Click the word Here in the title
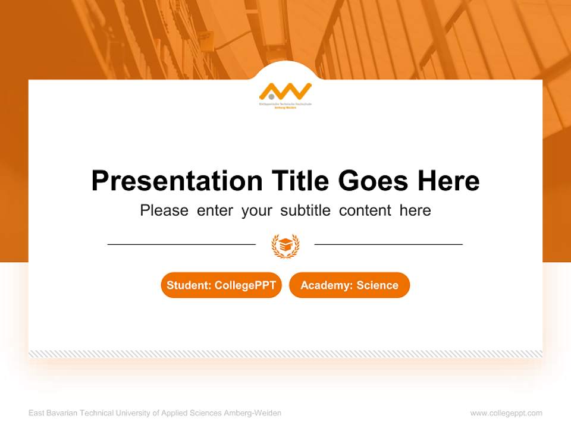coord(448,181)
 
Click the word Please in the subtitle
coord(164,210)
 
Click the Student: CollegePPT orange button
coord(221,285)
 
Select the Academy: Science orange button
coord(349,285)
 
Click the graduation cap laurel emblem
coord(285,244)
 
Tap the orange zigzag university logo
coord(286,92)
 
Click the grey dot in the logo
coord(271,95)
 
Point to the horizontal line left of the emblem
coord(181,244)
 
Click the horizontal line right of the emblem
coord(388,244)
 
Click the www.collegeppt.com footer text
coord(506,413)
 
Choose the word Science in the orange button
coord(377,285)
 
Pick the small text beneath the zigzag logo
coord(285,106)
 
